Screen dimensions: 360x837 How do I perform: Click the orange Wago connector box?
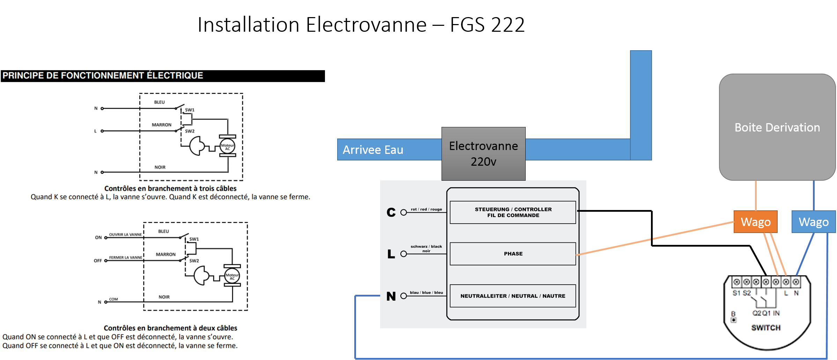pyautogui.click(x=755, y=222)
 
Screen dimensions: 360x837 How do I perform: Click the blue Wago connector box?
pyautogui.click(x=813, y=222)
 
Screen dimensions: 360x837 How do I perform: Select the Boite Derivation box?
pyautogui.click(x=777, y=127)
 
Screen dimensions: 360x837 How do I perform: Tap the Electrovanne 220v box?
pyautogui.click(x=483, y=153)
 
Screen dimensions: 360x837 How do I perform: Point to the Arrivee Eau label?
pyautogui.click(x=373, y=150)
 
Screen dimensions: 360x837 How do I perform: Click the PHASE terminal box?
pyautogui.click(x=513, y=254)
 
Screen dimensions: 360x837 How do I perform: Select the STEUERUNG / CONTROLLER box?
pyautogui.click(x=513, y=212)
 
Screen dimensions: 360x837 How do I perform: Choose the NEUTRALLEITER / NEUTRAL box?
pyautogui.click(x=513, y=296)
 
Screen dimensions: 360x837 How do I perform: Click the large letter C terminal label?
pyautogui.click(x=391, y=212)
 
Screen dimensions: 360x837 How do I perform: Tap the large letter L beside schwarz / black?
pyautogui.click(x=391, y=254)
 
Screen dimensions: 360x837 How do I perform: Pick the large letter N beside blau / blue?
pyautogui.click(x=391, y=296)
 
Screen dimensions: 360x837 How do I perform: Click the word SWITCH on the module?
pyautogui.click(x=766, y=328)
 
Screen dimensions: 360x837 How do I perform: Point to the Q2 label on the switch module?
pyautogui.click(x=756, y=313)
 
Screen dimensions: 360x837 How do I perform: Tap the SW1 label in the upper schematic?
pyautogui.click(x=190, y=110)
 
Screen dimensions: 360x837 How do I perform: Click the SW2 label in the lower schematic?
pyautogui.click(x=194, y=261)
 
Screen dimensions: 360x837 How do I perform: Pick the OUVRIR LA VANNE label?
pyautogui.click(x=125, y=234)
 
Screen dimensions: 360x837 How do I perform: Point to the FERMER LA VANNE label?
pyautogui.click(x=125, y=257)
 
